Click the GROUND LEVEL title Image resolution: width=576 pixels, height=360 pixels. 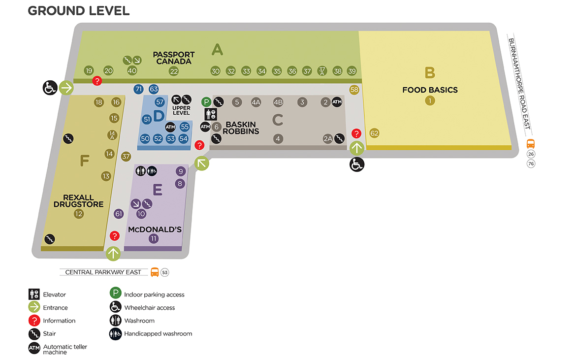[x=79, y=11]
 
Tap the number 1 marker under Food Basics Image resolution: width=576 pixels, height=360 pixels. [x=430, y=100]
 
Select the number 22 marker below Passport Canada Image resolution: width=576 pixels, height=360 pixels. [x=174, y=71]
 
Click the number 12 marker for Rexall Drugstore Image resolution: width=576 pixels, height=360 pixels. [x=79, y=214]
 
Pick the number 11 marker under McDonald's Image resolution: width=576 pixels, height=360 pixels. [x=154, y=239]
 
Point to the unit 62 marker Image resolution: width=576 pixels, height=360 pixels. [x=374, y=133]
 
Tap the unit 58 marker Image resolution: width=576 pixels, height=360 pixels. [x=354, y=90]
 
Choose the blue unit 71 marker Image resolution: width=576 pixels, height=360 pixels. [x=138, y=89]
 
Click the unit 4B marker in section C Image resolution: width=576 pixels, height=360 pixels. [x=278, y=102]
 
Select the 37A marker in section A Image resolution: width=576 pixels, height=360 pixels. [x=322, y=71]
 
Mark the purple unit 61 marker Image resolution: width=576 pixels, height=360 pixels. [x=118, y=214]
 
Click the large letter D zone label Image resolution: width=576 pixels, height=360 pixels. [x=159, y=116]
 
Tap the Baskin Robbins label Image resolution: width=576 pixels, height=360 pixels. [x=241, y=128]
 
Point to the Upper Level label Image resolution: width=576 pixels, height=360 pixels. [x=182, y=111]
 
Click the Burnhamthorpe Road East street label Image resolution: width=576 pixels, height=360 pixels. [x=519, y=83]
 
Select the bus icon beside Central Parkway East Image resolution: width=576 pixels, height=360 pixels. [x=155, y=272]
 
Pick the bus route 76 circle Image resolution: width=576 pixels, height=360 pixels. [x=531, y=164]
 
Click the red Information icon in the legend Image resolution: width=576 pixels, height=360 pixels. [x=34, y=321]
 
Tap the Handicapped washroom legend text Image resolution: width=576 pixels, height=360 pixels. [x=158, y=333]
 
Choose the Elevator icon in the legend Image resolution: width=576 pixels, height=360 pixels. [x=34, y=294]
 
